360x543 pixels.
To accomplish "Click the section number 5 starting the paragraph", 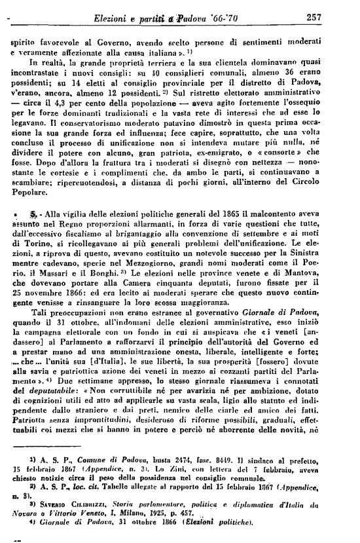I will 31,214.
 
